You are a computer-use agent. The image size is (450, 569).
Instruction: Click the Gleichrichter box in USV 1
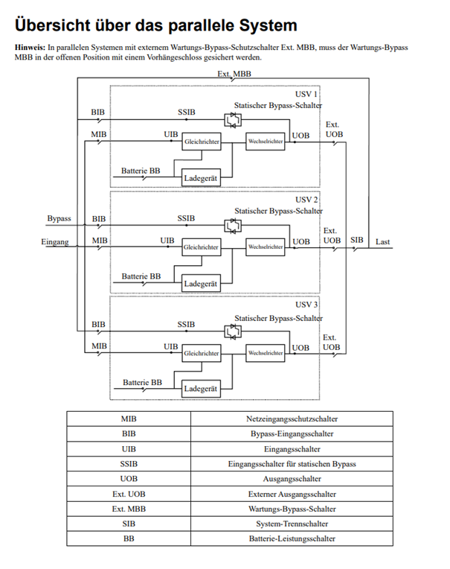click(202, 142)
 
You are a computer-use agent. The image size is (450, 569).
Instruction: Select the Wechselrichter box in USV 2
click(266, 247)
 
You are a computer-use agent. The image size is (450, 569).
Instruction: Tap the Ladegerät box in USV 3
click(201, 389)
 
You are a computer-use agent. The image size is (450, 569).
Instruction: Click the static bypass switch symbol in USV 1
click(233, 120)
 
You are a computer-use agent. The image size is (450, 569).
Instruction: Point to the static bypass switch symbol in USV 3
click(233, 331)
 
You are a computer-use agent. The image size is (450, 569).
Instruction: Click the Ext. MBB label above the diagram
click(234, 74)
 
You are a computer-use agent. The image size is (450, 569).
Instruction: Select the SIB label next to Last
click(357, 240)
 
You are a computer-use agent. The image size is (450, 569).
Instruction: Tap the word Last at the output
click(382, 242)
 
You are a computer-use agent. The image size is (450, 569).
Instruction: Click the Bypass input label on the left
click(59, 218)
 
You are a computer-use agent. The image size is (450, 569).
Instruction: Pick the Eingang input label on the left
click(55, 242)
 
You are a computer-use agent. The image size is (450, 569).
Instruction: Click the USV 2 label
click(306, 200)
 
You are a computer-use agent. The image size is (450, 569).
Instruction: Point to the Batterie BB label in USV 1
click(141, 171)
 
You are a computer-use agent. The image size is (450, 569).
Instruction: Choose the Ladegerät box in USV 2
click(201, 284)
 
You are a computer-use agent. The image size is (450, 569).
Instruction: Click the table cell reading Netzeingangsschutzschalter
click(292, 419)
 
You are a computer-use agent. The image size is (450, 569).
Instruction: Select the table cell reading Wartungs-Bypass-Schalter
click(292, 509)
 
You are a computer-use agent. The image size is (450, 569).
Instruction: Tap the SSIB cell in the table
click(129, 464)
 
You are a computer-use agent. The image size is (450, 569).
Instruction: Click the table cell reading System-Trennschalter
click(292, 524)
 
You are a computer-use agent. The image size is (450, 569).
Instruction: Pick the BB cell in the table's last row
click(129, 538)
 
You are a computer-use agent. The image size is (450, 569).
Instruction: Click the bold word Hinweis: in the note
click(30, 48)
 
